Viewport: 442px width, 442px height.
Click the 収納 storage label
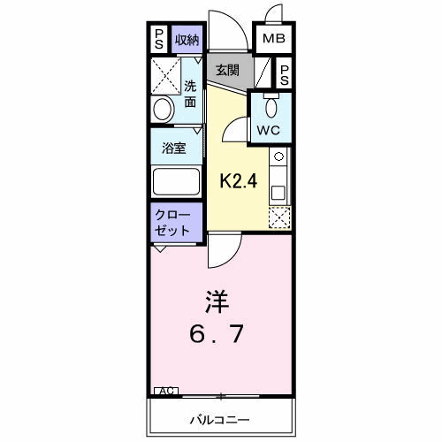tap(187, 39)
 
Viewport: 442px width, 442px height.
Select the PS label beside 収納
tap(159, 39)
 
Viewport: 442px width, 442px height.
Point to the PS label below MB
tap(285, 74)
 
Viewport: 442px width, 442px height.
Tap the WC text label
tap(269, 130)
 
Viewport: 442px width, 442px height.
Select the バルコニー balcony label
tap(218, 417)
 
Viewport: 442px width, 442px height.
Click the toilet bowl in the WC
tap(271, 106)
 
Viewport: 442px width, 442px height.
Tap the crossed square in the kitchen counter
tap(278, 217)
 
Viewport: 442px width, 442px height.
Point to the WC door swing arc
tap(234, 132)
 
